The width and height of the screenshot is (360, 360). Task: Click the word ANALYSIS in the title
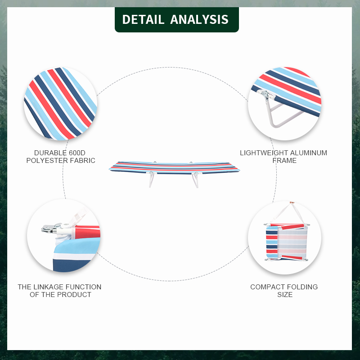[x=199, y=19]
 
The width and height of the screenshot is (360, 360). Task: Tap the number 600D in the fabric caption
[x=74, y=153]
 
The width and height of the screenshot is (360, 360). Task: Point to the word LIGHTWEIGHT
[x=263, y=153]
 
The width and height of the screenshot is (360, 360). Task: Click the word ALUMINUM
[x=307, y=153]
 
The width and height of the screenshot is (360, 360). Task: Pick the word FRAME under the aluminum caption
[x=284, y=161]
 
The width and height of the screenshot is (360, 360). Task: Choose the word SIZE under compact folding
[x=284, y=295]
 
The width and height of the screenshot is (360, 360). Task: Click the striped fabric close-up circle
[x=60, y=104]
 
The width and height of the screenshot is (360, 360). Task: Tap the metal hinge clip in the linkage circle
[x=50, y=229]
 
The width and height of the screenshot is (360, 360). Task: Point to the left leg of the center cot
[x=152, y=180]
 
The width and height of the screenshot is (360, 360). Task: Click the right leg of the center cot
[x=195, y=180]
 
